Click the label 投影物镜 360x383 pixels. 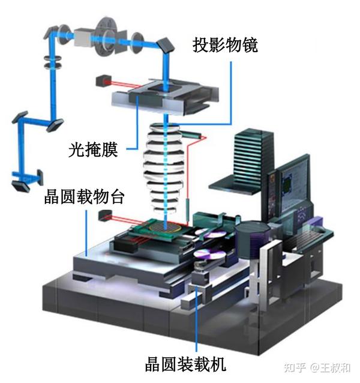[x=225, y=45]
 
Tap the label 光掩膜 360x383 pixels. [x=93, y=149]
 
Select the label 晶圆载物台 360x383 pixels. [x=84, y=196]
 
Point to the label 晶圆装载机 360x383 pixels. [x=185, y=364]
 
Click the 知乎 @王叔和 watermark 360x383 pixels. [x=317, y=367]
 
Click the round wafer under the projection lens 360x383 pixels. [x=166, y=227]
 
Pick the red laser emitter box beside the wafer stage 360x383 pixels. [x=105, y=216]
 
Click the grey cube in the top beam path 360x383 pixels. [x=83, y=37]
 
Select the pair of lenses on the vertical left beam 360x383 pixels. [x=53, y=62]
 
